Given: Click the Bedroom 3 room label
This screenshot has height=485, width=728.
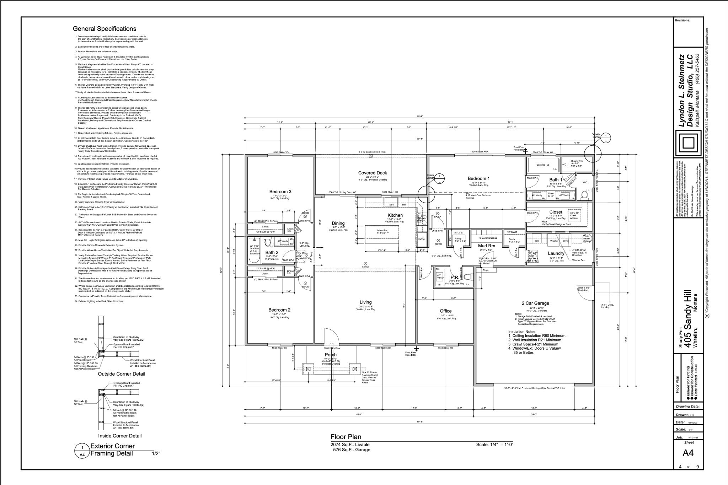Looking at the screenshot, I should [x=280, y=192].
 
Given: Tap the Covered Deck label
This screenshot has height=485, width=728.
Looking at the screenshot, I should [x=372, y=173].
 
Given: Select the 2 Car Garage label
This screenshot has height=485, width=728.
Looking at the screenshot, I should [x=535, y=303].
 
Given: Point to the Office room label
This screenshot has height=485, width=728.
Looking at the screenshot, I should [x=445, y=311].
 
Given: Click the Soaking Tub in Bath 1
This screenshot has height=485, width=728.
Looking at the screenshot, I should [x=541, y=165].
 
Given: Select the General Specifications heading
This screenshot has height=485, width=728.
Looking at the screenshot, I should [x=104, y=29].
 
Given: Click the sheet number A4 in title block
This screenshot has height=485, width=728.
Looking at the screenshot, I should [x=688, y=453].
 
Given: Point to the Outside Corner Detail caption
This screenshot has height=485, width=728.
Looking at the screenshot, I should [x=121, y=374].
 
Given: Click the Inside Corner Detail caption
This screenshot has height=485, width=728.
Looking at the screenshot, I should [x=120, y=436].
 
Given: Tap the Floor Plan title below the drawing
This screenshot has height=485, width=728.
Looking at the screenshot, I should [x=346, y=437].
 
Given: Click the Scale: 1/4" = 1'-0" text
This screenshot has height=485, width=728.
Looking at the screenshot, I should [x=494, y=444].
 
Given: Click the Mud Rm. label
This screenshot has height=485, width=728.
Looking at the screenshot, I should [x=487, y=246].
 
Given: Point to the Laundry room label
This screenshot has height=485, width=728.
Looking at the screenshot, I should [x=556, y=253].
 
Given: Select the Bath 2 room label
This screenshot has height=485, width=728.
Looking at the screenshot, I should [x=272, y=253].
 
